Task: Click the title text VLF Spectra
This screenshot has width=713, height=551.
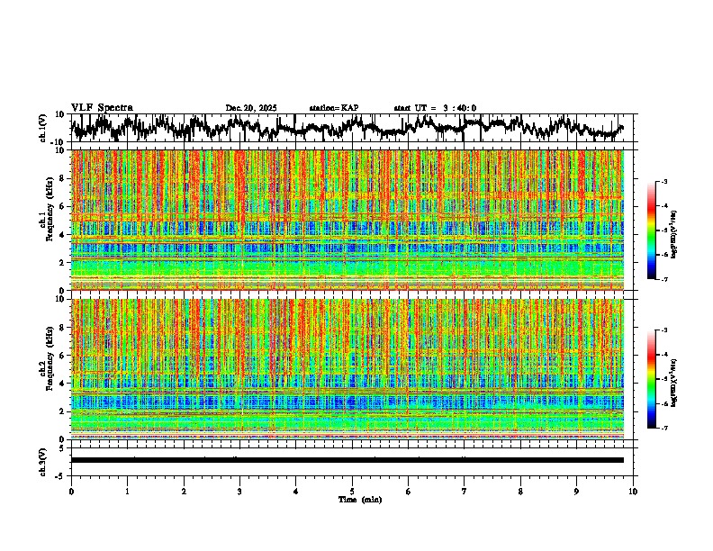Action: click(x=102, y=107)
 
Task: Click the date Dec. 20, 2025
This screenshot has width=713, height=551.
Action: click(x=251, y=108)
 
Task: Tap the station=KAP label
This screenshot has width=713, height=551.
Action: click(x=334, y=108)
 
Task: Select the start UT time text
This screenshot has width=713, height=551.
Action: click(x=435, y=108)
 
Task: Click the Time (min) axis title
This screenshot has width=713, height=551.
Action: click(x=359, y=499)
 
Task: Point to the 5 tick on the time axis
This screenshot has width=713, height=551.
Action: click(x=352, y=492)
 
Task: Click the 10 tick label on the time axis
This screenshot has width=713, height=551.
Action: click(x=633, y=492)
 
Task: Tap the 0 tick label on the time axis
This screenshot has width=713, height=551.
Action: click(x=71, y=492)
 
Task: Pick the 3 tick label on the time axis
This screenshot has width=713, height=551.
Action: click(x=239, y=492)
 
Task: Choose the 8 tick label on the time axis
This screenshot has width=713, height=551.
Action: click(x=520, y=492)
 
